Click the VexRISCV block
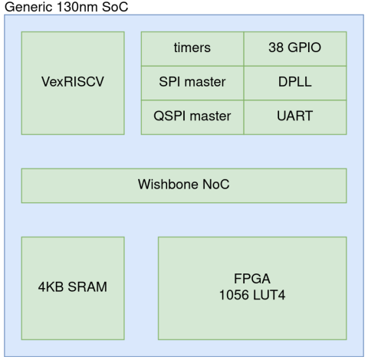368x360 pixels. pos(73,83)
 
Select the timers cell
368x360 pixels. pos(192,49)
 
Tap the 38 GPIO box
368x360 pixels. pos(295,49)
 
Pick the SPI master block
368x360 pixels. pos(192,83)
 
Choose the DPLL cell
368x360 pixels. pos(295,83)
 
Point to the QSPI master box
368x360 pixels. pos(192,117)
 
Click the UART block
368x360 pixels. pos(295,117)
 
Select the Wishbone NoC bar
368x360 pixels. pos(184,185)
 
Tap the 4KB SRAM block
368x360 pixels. pos(73,288)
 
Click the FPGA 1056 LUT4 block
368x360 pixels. pos(252,288)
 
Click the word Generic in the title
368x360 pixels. pos(28,7)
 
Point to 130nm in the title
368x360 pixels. pos(77,7)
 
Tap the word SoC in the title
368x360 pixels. pos(115,7)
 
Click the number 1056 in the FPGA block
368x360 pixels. pos(234,295)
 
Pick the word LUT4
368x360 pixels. pos(268,295)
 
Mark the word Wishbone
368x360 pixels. pos(168,184)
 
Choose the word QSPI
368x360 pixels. pos(169,116)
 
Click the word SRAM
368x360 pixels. pos(87,286)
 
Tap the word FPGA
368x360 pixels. pos(252,279)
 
